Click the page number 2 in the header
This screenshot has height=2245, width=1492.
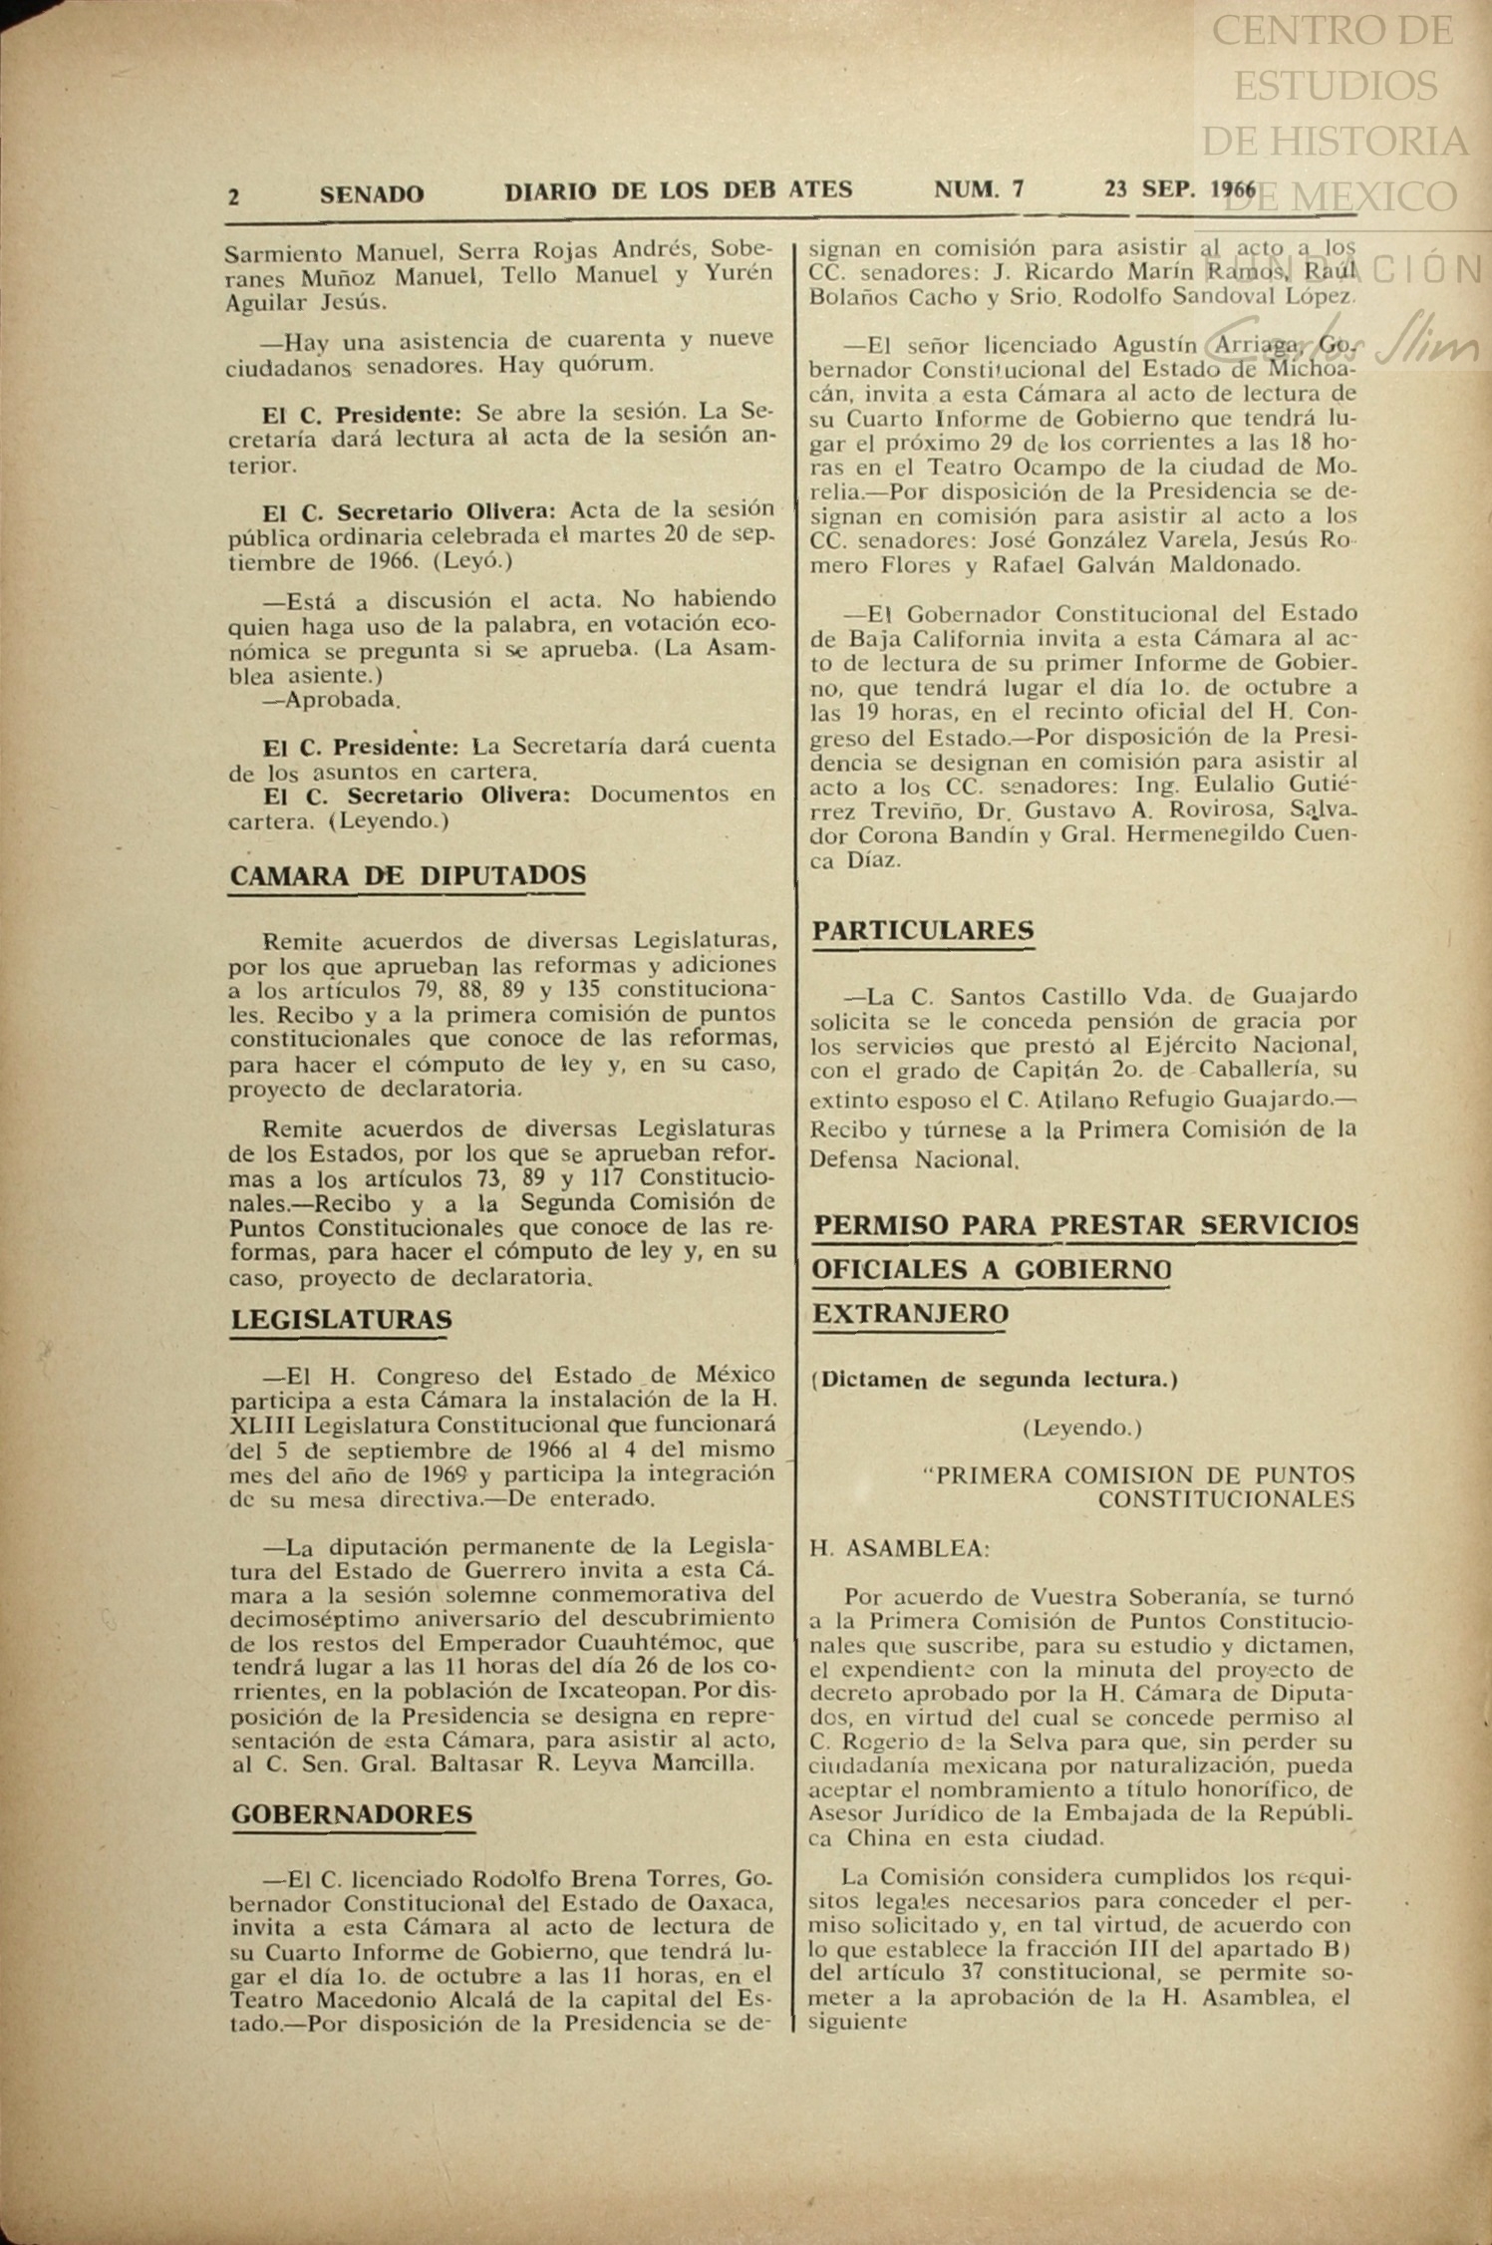[x=233, y=196]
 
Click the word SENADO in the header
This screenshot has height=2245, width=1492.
[x=372, y=194]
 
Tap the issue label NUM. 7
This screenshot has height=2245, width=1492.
[x=979, y=189]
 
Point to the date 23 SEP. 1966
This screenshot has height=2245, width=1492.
[x=1180, y=189]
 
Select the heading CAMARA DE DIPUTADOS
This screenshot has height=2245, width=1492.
[x=409, y=875]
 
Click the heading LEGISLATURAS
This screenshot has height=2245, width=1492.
[x=342, y=1320]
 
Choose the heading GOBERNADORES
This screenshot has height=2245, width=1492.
[x=352, y=1814]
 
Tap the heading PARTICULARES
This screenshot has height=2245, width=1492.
[x=923, y=930]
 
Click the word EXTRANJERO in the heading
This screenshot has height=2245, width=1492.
[x=911, y=1314]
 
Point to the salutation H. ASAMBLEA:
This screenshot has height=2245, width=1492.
[x=900, y=1548]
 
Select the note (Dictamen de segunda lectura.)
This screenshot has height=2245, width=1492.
[x=995, y=1380]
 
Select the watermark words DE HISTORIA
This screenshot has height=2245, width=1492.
[x=1335, y=141]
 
